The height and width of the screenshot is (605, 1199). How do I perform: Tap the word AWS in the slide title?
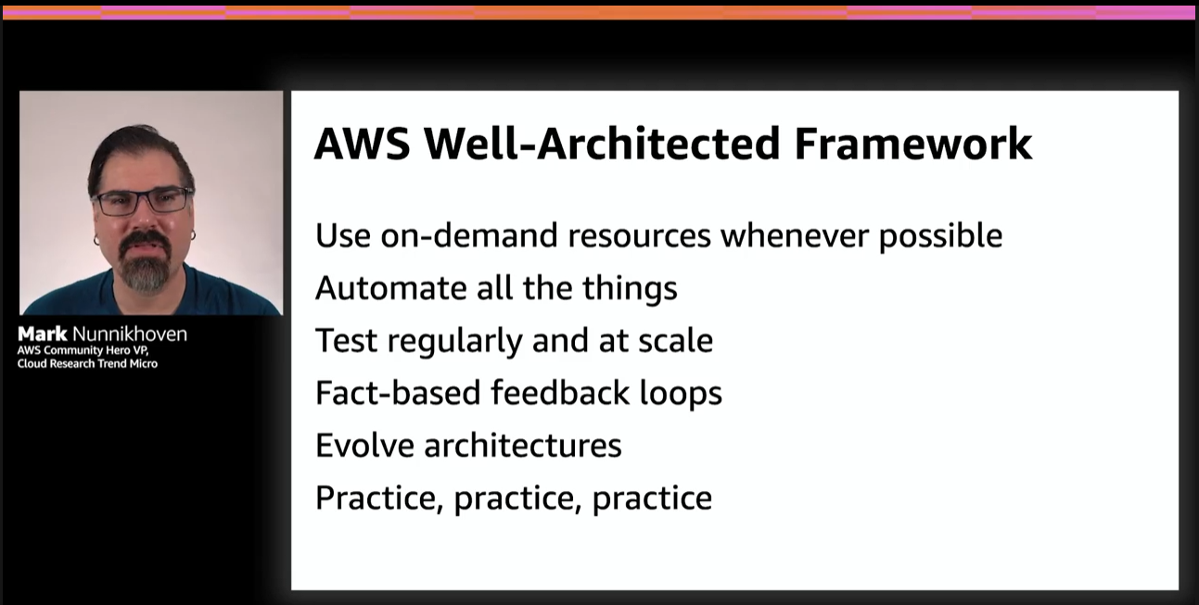coord(363,144)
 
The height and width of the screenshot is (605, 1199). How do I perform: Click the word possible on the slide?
coord(940,236)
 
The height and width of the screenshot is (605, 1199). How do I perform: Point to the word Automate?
coord(390,288)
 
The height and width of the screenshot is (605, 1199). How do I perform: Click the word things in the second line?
coord(630,289)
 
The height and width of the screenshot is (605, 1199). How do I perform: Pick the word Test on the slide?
coord(346,340)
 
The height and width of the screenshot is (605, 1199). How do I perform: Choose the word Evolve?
coord(364,445)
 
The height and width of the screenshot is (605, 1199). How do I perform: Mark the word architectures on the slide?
coord(523,446)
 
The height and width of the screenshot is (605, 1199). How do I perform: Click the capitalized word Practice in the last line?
coord(379,498)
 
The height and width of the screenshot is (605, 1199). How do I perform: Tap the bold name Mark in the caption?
coord(43,334)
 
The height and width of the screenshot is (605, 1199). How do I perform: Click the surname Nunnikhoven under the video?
coord(130,334)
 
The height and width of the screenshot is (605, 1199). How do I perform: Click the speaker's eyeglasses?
coord(143,201)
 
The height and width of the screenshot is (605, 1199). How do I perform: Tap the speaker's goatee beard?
coord(145,262)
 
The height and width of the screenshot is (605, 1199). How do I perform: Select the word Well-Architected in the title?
coord(602,144)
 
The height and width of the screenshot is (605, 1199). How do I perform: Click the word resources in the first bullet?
coord(639,236)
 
